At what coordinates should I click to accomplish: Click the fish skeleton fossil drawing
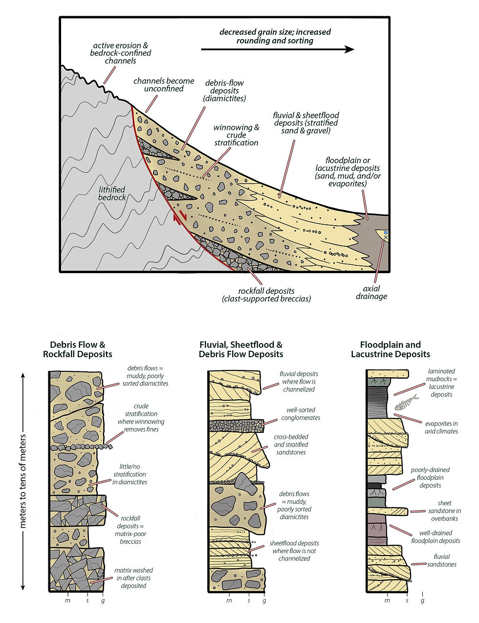407,403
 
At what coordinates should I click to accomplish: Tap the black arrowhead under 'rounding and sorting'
349,49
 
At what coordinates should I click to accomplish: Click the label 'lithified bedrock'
112,193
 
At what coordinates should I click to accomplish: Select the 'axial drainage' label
371,292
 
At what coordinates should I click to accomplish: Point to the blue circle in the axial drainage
386,232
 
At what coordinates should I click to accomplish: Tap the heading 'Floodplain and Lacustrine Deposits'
391,349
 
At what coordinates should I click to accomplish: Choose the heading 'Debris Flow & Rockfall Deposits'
77,349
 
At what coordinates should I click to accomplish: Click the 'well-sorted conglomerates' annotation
301,414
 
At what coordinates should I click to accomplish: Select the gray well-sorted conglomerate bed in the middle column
237,426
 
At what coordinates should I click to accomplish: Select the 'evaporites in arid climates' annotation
441,427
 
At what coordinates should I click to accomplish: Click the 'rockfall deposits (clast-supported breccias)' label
266,295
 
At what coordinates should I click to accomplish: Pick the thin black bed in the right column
374,486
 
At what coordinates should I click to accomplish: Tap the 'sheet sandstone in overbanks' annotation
444,511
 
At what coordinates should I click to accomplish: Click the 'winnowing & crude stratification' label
236,135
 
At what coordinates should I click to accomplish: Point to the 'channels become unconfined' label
164,85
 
